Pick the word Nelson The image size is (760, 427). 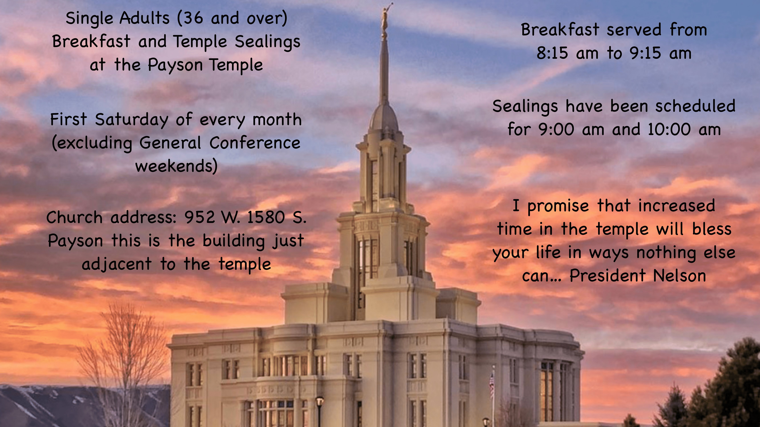tap(679, 276)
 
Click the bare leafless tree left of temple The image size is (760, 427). tap(124, 363)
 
